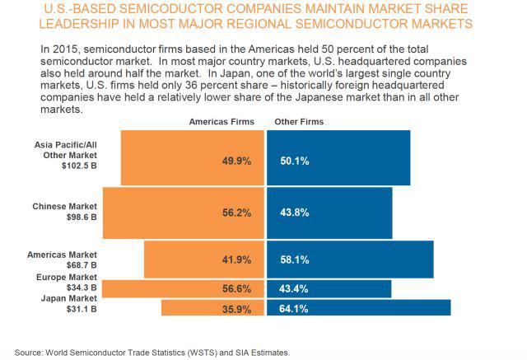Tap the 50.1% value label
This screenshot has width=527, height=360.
click(294, 161)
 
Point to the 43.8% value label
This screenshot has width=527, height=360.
click(294, 212)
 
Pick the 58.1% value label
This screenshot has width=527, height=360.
click(294, 260)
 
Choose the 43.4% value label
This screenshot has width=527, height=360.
click(294, 288)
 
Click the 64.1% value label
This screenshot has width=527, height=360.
click(294, 308)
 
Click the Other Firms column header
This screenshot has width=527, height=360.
click(299, 122)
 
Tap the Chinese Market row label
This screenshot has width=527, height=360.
click(64, 206)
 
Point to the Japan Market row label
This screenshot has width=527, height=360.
click(69, 298)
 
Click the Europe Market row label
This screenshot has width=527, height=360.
click(68, 278)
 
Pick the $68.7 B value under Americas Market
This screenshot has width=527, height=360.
click(81, 265)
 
